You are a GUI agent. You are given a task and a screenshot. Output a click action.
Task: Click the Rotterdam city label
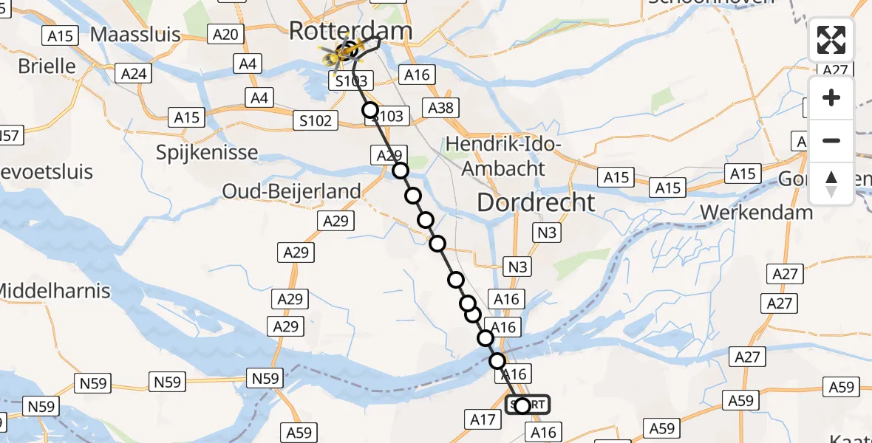350,30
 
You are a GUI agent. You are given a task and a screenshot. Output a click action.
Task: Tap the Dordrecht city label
536,202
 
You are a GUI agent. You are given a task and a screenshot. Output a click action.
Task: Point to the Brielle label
47,66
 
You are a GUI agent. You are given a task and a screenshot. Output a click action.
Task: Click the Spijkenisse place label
207,153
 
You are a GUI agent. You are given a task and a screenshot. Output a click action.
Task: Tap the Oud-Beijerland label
292,191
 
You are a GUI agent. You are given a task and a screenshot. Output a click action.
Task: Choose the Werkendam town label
756,212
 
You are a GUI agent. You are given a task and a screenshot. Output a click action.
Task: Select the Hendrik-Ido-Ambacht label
505,157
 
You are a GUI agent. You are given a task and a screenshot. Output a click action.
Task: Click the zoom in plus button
831,97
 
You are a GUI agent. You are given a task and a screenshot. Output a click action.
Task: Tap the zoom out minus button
831,140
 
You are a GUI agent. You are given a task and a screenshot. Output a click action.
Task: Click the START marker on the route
528,405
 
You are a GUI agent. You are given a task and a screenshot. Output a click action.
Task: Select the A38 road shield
441,109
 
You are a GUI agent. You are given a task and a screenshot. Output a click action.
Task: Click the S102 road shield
316,120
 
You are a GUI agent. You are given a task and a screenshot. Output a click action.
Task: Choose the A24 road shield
134,73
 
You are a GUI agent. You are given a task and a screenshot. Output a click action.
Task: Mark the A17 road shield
483,420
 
